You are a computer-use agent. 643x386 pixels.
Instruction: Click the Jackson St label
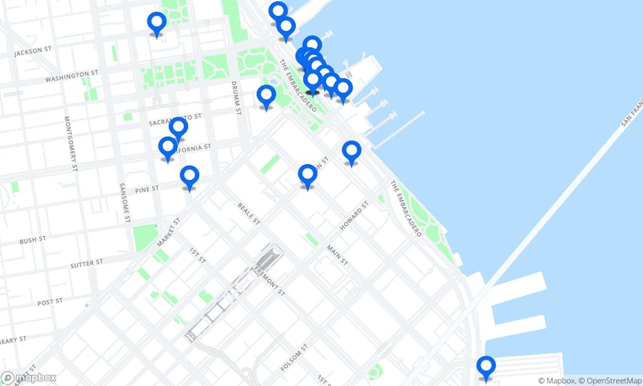[x=33, y=51]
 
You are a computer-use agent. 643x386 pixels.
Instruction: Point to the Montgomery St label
[x=71, y=143]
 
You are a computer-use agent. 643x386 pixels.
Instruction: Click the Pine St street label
[x=147, y=189]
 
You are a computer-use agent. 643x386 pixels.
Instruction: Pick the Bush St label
[x=32, y=240]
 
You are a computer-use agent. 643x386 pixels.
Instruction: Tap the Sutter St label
[x=86, y=262]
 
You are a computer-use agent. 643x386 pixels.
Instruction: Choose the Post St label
[x=50, y=302]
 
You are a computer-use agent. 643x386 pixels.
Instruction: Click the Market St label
[x=167, y=231]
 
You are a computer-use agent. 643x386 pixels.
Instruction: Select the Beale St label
[x=248, y=214]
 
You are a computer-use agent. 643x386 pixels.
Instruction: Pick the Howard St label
[x=354, y=216]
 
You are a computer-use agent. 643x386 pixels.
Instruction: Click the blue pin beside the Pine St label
[x=189, y=177]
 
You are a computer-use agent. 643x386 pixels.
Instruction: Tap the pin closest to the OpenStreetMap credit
[x=487, y=367]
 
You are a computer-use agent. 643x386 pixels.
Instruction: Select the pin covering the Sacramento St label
[x=178, y=127]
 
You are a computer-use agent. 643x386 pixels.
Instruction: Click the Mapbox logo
[x=29, y=378]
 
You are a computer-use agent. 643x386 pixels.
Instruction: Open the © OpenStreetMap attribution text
[x=610, y=381]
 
